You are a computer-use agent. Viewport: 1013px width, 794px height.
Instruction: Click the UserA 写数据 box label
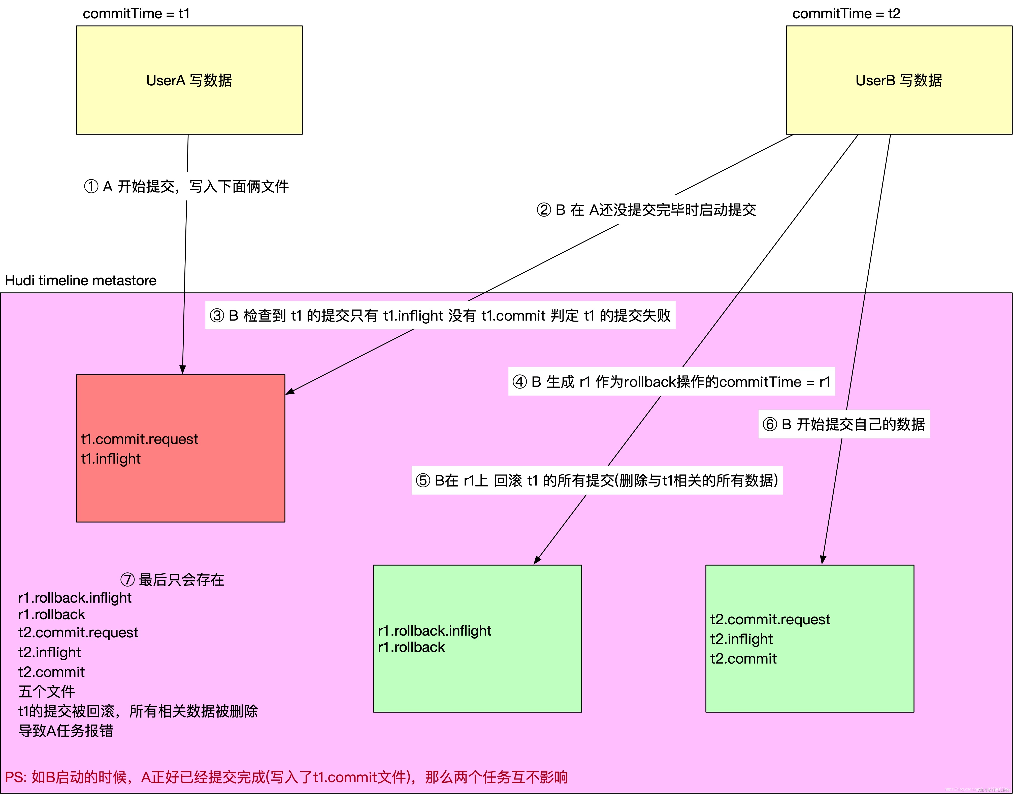[x=189, y=80]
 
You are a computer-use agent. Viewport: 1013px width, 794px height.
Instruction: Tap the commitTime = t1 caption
[x=136, y=14]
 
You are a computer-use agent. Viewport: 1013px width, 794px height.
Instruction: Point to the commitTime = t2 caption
[x=846, y=14]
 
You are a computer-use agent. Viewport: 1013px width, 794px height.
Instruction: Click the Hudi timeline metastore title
[x=80, y=280]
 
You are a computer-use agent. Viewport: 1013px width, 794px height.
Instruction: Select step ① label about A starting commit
[x=186, y=186]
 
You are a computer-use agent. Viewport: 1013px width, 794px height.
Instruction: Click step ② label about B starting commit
[x=646, y=210]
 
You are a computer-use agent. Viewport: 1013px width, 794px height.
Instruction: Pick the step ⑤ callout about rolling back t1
[x=597, y=480]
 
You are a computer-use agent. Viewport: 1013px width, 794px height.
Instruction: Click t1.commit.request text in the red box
[x=140, y=439]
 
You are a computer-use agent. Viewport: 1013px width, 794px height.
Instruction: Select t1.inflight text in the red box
[x=111, y=459]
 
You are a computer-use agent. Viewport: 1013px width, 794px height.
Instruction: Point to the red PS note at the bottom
[x=286, y=777]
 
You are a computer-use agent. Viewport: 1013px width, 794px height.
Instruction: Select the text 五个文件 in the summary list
[x=47, y=691]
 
